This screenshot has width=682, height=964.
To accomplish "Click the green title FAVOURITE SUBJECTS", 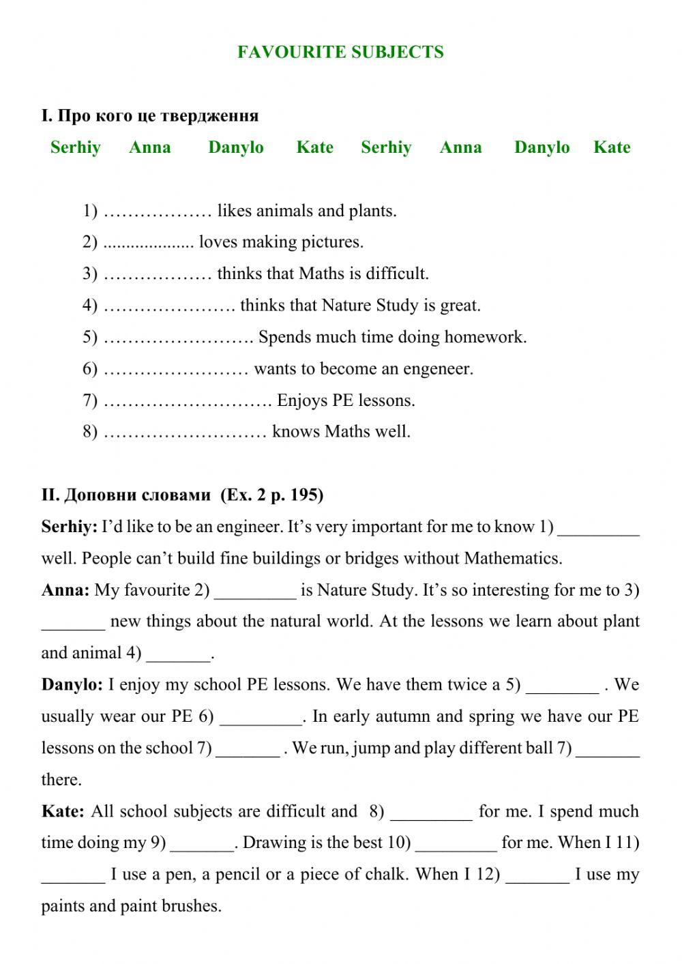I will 340,53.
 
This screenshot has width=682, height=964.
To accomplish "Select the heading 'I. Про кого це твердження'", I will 150,115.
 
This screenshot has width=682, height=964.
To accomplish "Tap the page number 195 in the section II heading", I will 304,495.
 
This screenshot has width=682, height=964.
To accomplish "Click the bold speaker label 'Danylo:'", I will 72,684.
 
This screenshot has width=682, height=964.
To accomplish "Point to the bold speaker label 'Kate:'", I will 63,811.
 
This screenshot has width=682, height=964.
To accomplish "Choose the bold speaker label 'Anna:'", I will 65,590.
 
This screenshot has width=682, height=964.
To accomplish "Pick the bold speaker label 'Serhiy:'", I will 70,527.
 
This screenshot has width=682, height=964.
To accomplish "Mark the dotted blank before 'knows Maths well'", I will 185,432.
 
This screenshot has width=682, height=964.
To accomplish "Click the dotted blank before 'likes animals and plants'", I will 158,211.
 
